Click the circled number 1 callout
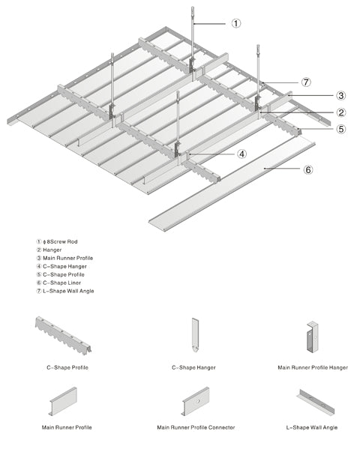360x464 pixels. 236,23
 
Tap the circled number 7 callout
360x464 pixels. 306,82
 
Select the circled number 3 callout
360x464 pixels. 341,95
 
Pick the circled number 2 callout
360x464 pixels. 341,112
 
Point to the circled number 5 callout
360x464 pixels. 341,129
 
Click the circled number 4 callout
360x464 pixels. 241,154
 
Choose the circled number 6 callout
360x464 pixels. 308,170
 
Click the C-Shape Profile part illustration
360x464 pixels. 63,335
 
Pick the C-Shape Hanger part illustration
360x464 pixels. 195,335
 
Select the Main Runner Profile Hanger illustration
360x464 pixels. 312,337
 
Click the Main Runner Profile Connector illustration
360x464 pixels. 196,401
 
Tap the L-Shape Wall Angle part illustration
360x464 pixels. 315,403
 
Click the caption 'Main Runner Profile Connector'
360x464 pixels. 196,427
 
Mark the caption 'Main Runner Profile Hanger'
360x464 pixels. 313,367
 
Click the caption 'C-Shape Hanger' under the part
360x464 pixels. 193,367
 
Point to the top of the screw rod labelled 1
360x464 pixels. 193,7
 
